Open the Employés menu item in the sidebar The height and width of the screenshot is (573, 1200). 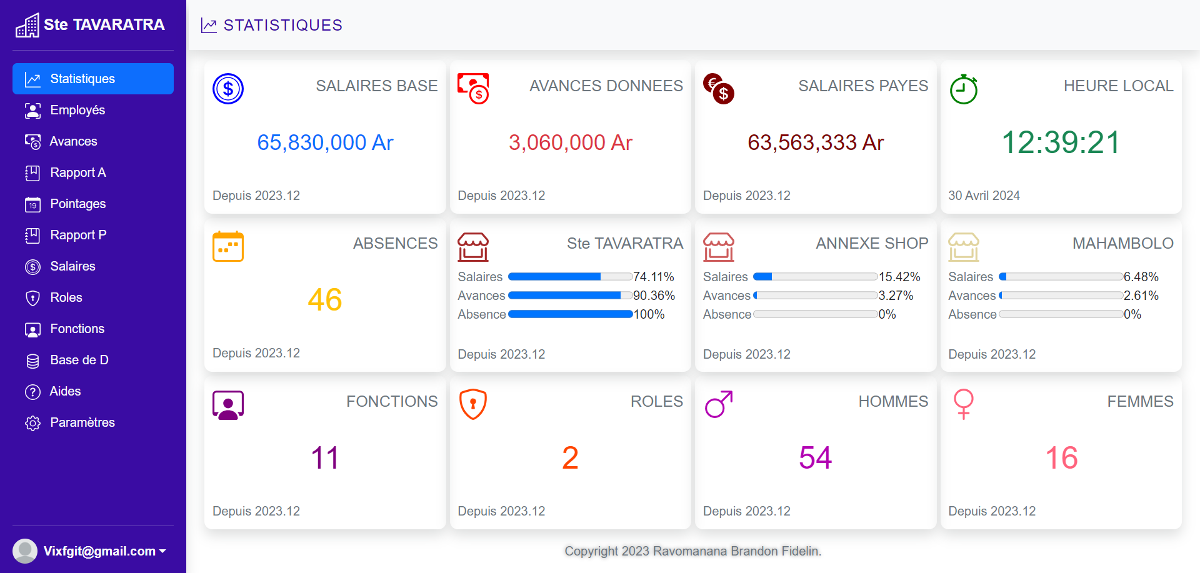[77, 110]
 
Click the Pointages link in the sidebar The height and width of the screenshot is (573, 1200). [77, 204]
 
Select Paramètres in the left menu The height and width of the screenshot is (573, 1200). [82, 422]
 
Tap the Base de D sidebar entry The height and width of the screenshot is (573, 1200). [79, 360]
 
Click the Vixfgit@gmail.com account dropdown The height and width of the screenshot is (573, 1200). [100, 551]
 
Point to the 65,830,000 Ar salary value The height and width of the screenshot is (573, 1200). [325, 142]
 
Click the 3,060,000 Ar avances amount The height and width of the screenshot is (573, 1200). [570, 142]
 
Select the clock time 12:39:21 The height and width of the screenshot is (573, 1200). [1061, 142]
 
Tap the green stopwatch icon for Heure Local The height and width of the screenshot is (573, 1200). [963, 89]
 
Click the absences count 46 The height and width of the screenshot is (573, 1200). [325, 300]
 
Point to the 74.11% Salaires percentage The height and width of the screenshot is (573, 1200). [653, 277]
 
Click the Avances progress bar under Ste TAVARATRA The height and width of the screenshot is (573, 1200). [570, 296]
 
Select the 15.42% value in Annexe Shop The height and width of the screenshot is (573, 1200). [899, 277]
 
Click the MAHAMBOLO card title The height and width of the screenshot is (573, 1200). [1122, 243]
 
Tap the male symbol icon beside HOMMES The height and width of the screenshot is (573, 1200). [718, 404]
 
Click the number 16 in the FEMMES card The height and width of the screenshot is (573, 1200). [1061, 458]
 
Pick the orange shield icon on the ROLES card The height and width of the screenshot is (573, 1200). [473, 404]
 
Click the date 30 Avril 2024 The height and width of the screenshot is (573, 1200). [984, 196]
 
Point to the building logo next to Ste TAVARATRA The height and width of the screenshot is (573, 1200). [27, 26]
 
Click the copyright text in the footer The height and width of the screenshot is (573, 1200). [692, 551]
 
